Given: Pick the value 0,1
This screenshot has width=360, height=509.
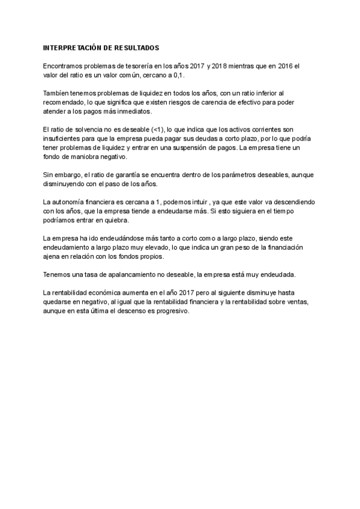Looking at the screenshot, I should pyautogui.click(x=179, y=76).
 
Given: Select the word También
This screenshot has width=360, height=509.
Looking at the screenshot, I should pyautogui.click(x=58, y=94).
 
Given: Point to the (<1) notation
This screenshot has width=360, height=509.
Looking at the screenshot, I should pyautogui.click(x=158, y=130).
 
